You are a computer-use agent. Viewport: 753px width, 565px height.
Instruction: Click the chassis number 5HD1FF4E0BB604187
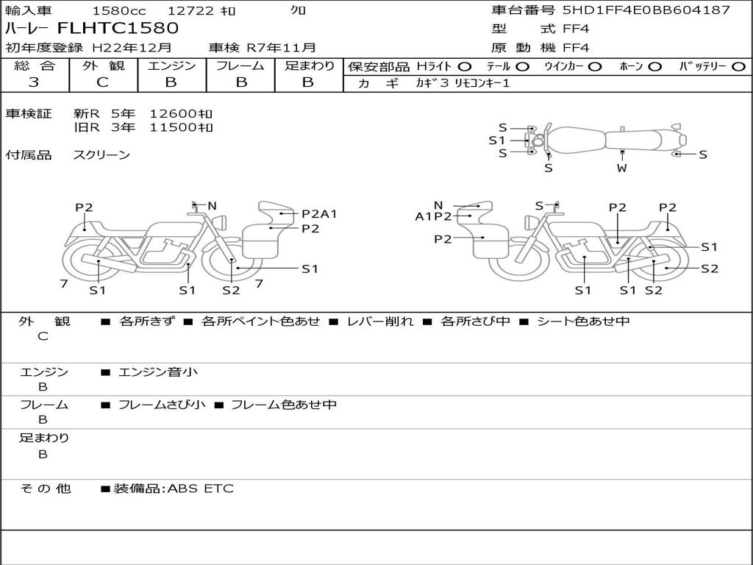[646, 10]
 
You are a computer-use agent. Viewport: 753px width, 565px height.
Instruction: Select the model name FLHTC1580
[118, 28]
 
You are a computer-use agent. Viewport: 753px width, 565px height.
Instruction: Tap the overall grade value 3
[34, 82]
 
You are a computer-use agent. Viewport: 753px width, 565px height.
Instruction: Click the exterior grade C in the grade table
[102, 82]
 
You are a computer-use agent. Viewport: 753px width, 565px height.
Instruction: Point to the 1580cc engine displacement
[119, 10]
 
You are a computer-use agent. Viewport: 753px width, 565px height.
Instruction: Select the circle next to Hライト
[465, 67]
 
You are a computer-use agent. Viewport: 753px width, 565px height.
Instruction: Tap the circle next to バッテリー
[738, 67]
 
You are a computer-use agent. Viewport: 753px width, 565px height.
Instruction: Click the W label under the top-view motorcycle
[622, 168]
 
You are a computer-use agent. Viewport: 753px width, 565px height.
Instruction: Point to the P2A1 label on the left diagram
[319, 214]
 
